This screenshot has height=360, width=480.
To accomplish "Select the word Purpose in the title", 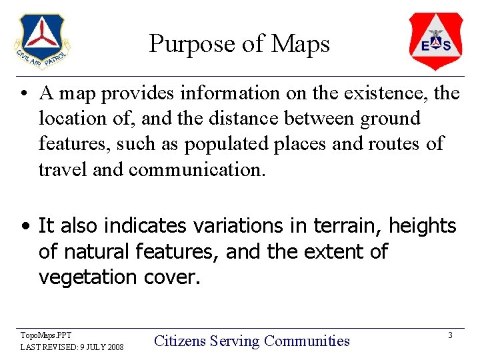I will click(x=192, y=44).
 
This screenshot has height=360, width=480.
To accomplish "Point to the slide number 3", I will click(x=450, y=335).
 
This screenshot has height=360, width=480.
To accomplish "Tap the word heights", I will click(x=423, y=226).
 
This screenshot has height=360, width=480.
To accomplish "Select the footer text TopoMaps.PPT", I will click(x=46, y=335).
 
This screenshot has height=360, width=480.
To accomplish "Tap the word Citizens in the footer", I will click(x=180, y=341).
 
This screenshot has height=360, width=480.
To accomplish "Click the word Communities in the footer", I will click(x=307, y=341).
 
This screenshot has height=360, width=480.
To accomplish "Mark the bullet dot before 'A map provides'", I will click(x=24, y=94).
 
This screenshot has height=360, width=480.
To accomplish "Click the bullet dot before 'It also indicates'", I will click(x=24, y=227).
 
